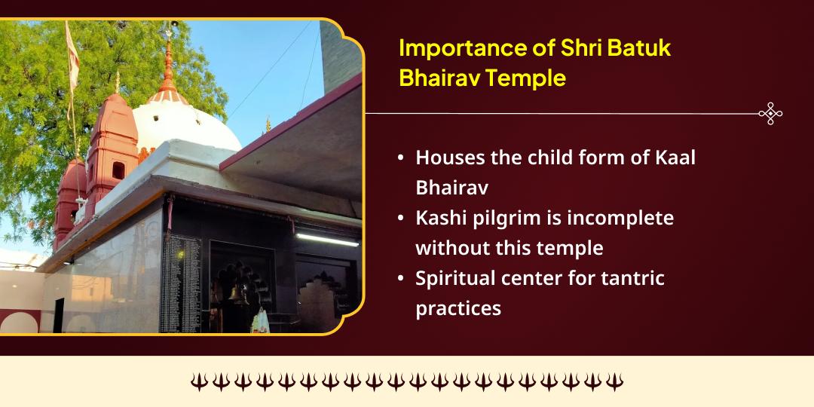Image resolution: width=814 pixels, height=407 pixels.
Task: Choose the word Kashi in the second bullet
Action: [439, 218]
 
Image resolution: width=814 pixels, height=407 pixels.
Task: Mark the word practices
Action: [458, 308]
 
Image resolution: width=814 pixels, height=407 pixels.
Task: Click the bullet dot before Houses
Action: [400, 159]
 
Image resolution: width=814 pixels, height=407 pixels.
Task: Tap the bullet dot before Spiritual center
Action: [400, 279]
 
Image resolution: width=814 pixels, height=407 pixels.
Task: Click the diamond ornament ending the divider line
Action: [770, 114]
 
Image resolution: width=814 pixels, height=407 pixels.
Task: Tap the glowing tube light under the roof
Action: [327, 239]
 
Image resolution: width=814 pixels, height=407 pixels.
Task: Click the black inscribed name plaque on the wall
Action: [180, 283]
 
